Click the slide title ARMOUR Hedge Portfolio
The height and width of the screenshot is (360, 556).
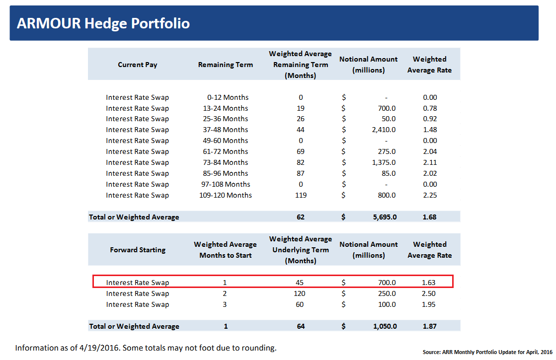[103, 23]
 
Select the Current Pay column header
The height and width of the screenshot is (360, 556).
[138, 65]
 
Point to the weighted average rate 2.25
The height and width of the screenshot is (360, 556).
[430, 195]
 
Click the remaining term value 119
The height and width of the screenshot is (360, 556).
[301, 195]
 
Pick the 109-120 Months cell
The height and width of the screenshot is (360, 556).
[226, 195]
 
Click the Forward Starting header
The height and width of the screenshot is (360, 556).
[138, 250]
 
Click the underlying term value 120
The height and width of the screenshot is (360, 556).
[300, 293]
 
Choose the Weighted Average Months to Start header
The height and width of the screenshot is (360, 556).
[225, 250]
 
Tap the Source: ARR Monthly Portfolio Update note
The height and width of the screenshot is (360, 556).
[487, 352]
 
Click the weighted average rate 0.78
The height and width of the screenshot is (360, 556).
[430, 108]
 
